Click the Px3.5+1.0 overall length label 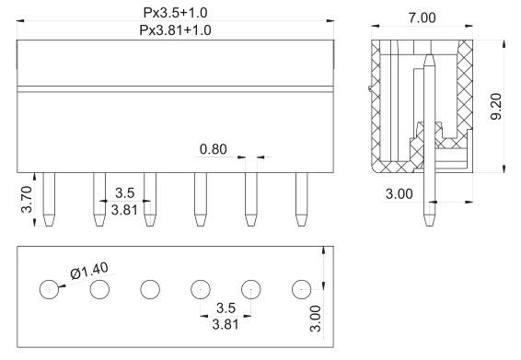175,13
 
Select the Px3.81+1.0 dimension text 175,30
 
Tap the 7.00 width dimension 422,17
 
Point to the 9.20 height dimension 496,107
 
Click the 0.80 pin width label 214,149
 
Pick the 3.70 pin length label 27,200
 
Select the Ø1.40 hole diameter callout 89,271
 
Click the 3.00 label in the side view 399,193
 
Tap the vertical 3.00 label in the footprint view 316,319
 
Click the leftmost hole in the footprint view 49,289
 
